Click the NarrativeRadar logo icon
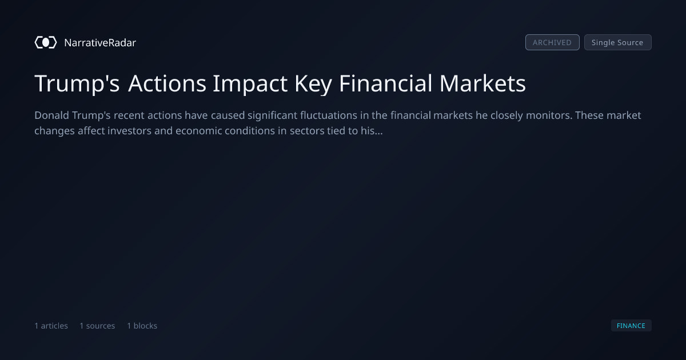[x=46, y=42]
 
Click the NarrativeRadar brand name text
[x=100, y=42]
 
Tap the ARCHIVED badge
[x=552, y=42]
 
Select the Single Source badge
[x=618, y=42]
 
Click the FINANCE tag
[x=631, y=325]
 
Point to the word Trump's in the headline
[x=77, y=83]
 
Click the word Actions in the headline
[x=167, y=83]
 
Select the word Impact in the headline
[x=250, y=84]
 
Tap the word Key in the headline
[x=313, y=84]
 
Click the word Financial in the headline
[x=385, y=83]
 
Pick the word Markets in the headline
[x=482, y=83]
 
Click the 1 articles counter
[x=51, y=325]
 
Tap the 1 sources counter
[x=97, y=325]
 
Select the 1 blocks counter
[x=142, y=325]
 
